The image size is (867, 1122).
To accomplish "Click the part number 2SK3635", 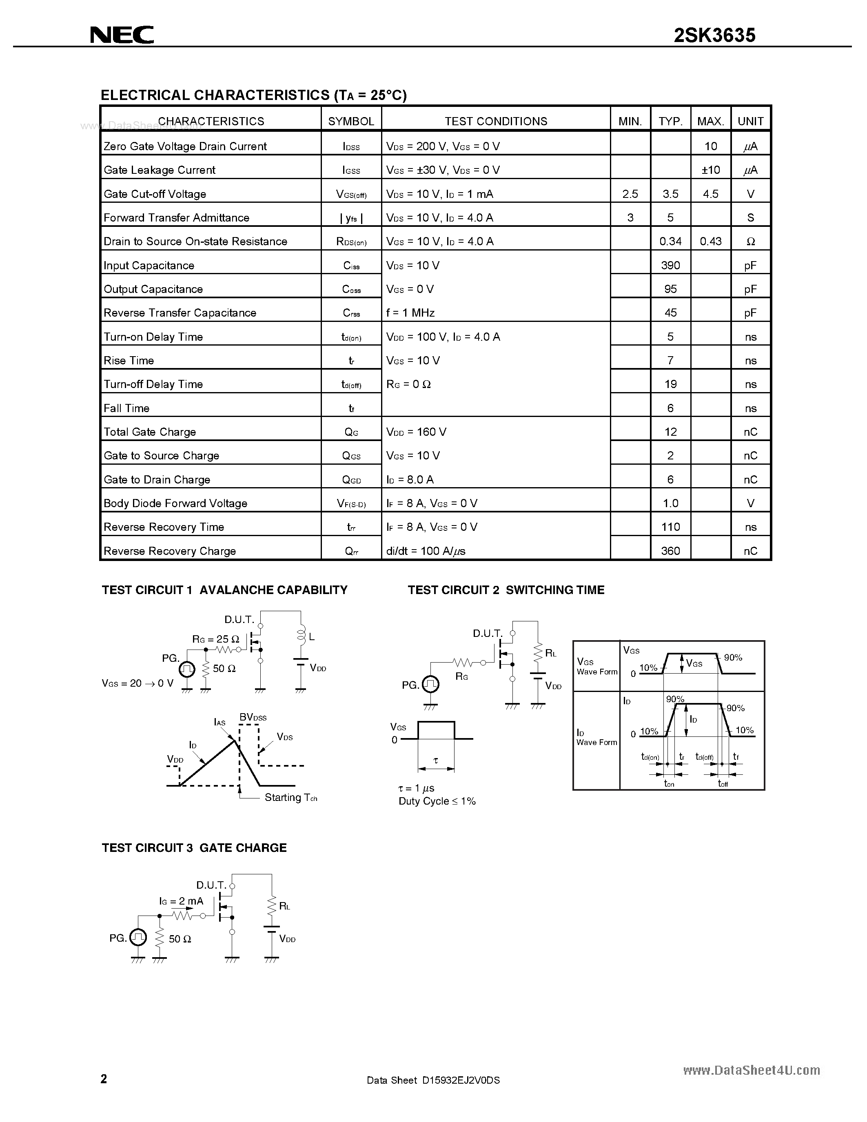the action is [x=714, y=35].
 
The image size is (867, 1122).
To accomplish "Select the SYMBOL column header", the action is [x=351, y=121].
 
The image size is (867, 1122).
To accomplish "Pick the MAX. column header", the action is [x=710, y=121].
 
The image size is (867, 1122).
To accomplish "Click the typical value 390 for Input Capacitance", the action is [x=670, y=265].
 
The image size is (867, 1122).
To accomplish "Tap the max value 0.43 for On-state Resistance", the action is [x=710, y=242].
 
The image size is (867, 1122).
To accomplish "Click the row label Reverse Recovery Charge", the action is [x=169, y=551].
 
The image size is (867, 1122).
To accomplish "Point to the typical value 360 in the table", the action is [x=670, y=551].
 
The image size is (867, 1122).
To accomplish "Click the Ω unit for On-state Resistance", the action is [x=750, y=242].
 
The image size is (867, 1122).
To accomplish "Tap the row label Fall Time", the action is [x=126, y=408].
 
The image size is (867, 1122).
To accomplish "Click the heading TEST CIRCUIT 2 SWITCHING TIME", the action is [x=506, y=590].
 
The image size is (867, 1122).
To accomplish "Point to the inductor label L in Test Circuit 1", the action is [x=312, y=637].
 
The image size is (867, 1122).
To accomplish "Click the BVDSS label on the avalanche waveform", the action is [x=253, y=717].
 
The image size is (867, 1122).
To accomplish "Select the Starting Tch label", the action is [x=291, y=797].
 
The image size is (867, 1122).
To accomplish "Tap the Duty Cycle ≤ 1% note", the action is [x=437, y=801].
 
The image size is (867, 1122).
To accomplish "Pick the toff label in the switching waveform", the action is [x=723, y=783].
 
